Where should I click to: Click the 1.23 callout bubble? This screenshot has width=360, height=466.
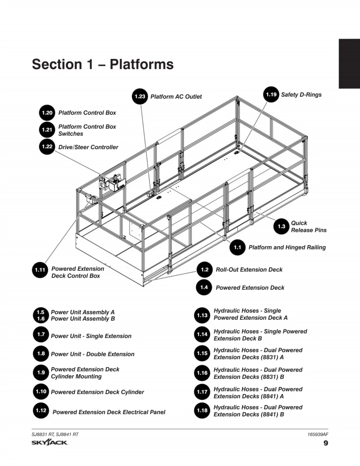140,96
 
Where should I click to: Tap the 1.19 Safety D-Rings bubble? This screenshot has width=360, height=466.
271,95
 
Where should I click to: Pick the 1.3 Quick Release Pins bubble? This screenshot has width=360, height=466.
281,226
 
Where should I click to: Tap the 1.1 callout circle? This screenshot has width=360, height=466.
237,248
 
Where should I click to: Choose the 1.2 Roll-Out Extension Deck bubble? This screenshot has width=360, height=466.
205,270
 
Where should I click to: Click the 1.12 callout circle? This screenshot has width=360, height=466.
41,410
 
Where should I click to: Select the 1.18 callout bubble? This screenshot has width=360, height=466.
202,411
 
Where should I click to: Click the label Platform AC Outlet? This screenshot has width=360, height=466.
176,97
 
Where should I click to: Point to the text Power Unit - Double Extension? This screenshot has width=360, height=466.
93,354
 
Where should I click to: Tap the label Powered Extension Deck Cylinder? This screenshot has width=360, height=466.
97,392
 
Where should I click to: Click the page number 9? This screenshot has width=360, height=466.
325,443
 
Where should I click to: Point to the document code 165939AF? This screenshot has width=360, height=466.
316,434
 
